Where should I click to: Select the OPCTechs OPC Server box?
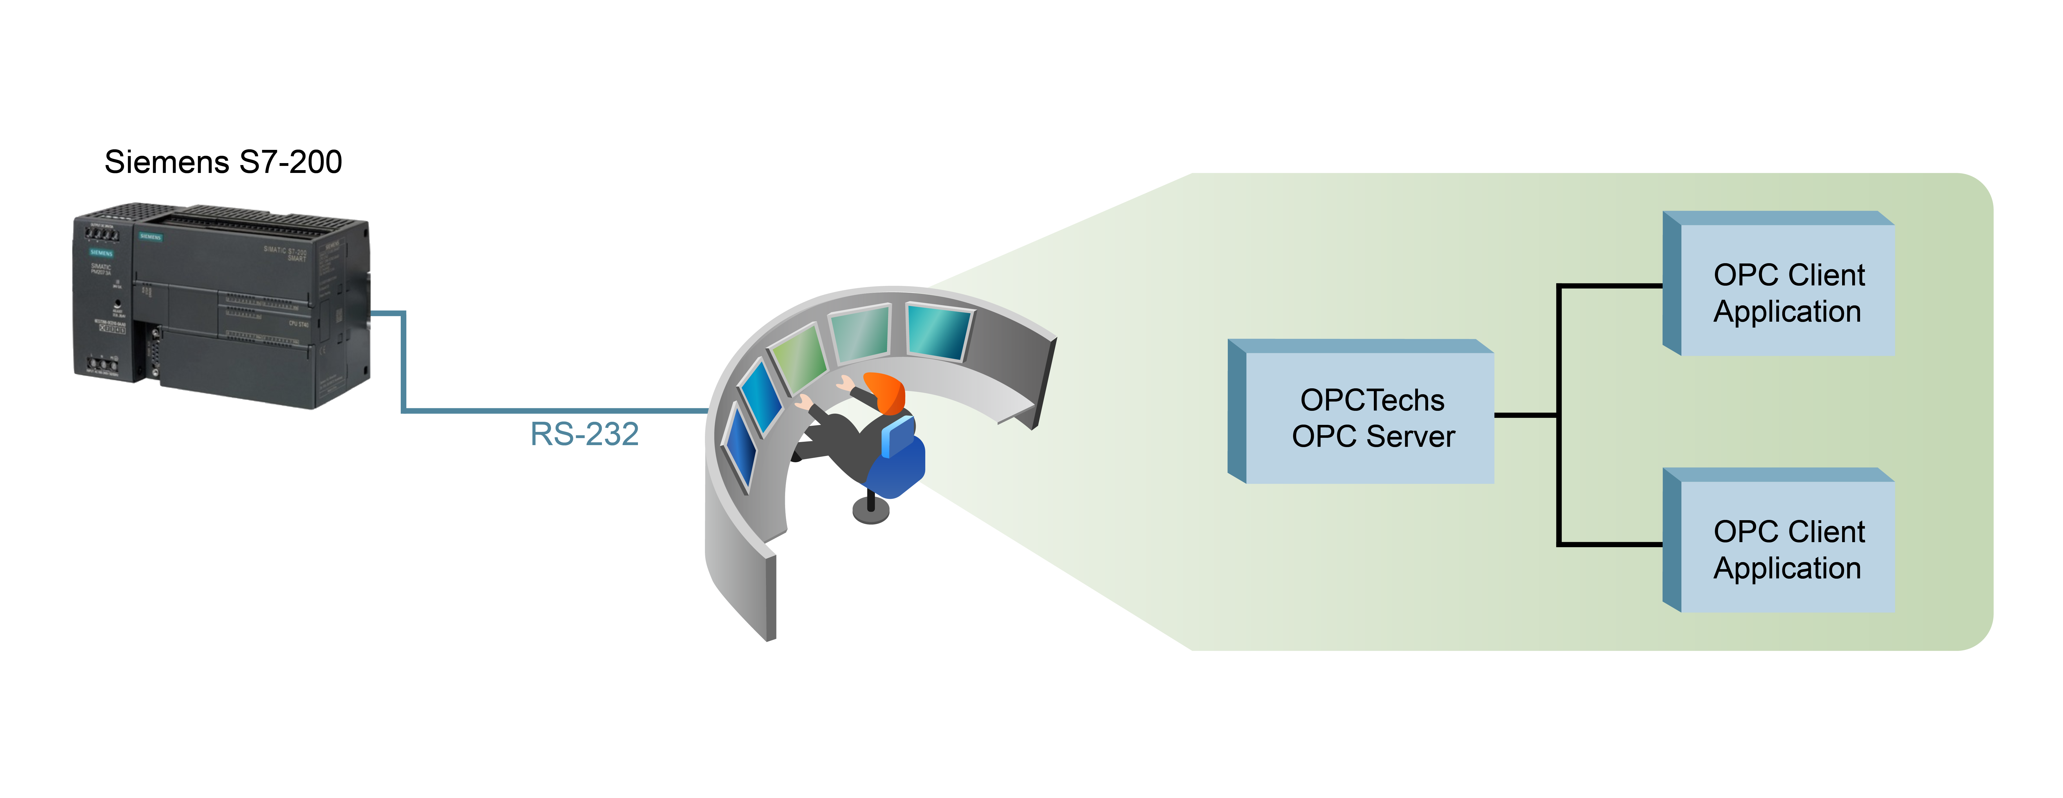pyautogui.click(x=1369, y=416)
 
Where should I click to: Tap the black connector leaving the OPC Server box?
pyautogui.click(x=1526, y=415)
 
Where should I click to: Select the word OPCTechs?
pyautogui.click(x=1372, y=399)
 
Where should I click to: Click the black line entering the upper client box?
pyautogui.click(x=1610, y=285)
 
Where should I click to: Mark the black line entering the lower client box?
pyautogui.click(x=1610, y=544)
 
